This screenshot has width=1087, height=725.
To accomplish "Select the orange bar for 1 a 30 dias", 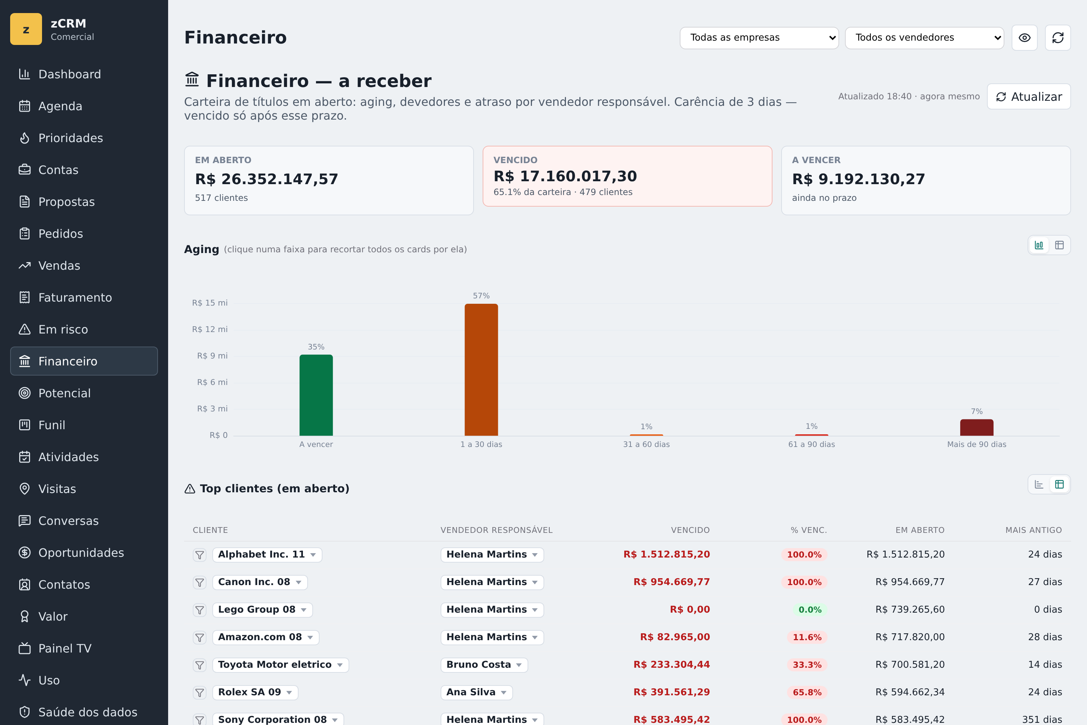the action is pyautogui.click(x=481, y=369).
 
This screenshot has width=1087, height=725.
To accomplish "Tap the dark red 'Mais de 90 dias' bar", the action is pyautogui.click(x=976, y=427).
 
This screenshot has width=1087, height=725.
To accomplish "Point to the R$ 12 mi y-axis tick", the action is pyautogui.click(x=210, y=329).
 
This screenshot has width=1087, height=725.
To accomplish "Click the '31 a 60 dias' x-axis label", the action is pyautogui.click(x=646, y=444).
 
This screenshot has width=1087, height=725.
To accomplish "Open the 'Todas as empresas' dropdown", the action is pyautogui.click(x=759, y=37).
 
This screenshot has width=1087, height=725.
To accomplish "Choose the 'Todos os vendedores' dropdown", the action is pyautogui.click(x=924, y=37).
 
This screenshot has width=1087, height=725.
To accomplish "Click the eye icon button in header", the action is pyautogui.click(x=1025, y=37).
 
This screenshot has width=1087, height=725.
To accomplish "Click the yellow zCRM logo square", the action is pyautogui.click(x=26, y=29).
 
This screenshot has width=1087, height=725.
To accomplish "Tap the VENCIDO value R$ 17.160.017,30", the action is pyautogui.click(x=565, y=176).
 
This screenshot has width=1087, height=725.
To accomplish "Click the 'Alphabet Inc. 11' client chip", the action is pyautogui.click(x=267, y=554).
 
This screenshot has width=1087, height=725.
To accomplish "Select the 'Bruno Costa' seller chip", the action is pyautogui.click(x=484, y=664).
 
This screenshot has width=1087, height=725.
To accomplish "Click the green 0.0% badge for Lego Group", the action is pyautogui.click(x=810, y=609).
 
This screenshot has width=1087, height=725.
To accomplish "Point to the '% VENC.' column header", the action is pyautogui.click(x=808, y=530).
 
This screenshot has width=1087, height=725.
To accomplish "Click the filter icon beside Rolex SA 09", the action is pyautogui.click(x=199, y=692).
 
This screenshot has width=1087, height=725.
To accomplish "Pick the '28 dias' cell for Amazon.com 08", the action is pyautogui.click(x=1045, y=637).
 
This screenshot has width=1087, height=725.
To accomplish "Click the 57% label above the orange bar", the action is pyautogui.click(x=481, y=295).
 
